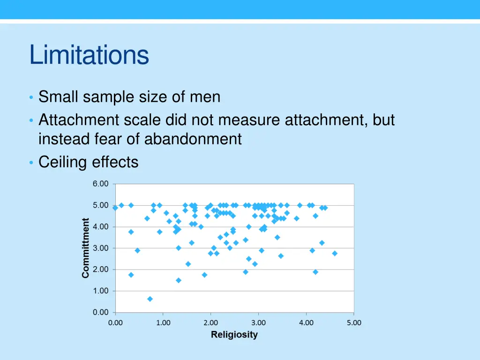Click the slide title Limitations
pyautogui.click(x=89, y=55)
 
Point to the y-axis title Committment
pyautogui.click(x=86, y=248)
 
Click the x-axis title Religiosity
pyautogui.click(x=234, y=335)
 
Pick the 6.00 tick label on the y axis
pyautogui.click(x=100, y=184)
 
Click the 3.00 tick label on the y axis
pyautogui.click(x=100, y=248)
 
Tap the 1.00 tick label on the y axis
pyautogui.click(x=100, y=291)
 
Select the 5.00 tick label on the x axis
pyautogui.click(x=353, y=322)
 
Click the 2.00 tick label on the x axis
pyautogui.click(x=210, y=322)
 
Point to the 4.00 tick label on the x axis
pyautogui.click(x=306, y=322)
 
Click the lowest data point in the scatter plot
pyautogui.click(x=150, y=299)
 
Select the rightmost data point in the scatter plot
pyautogui.click(x=335, y=253)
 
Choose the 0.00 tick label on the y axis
pyautogui.click(x=100, y=312)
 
